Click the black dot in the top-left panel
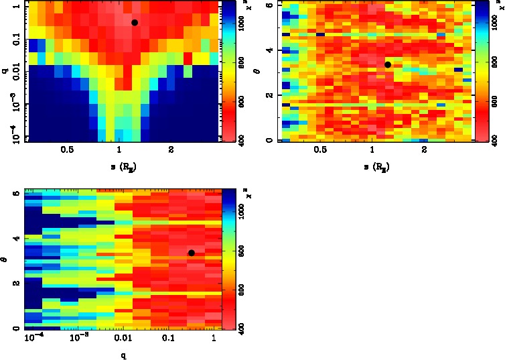[135, 23]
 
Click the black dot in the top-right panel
[388, 64]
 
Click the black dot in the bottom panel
[192, 253]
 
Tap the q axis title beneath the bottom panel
[123, 355]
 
